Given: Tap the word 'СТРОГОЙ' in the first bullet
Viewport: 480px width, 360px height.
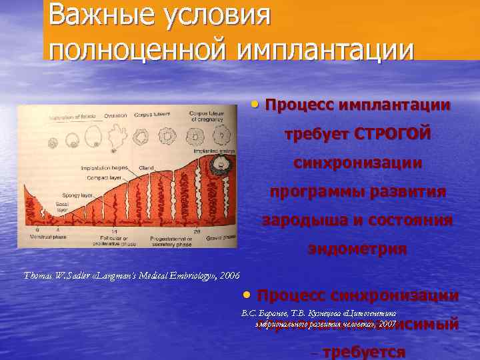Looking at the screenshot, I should pos(393,134).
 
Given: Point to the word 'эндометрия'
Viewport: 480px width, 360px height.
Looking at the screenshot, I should pos(357,249).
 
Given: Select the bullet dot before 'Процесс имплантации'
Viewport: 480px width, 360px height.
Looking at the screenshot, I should pos(257,105).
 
